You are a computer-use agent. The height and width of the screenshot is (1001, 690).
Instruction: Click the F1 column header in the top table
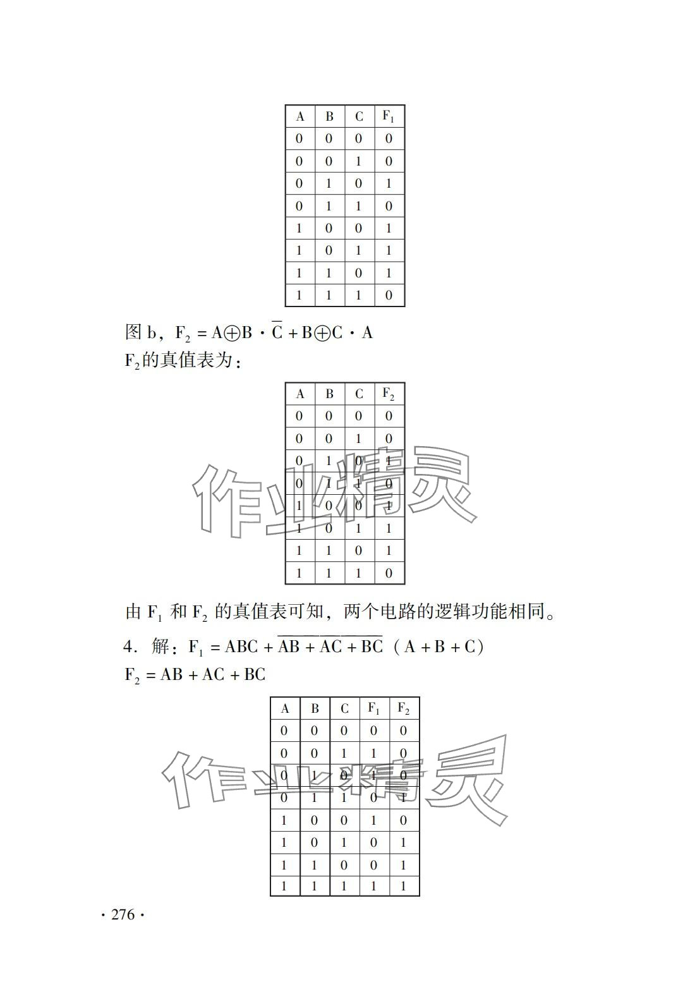click(x=389, y=116)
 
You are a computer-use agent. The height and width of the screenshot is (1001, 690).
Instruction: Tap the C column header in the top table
click(x=359, y=117)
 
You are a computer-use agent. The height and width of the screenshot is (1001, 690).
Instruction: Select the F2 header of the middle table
click(x=389, y=394)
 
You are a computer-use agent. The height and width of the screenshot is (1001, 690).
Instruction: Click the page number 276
click(x=123, y=914)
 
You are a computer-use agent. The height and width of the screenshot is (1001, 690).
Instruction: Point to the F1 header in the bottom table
click(x=374, y=708)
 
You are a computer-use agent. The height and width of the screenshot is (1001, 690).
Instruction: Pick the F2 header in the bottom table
click(x=403, y=708)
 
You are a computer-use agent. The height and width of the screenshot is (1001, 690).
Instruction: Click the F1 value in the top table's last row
click(x=389, y=295)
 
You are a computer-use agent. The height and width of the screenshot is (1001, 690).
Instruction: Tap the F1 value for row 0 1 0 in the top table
click(x=389, y=184)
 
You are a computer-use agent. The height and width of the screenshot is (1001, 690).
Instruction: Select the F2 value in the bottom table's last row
click(x=403, y=886)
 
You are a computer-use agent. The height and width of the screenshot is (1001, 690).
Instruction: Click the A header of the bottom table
click(x=285, y=709)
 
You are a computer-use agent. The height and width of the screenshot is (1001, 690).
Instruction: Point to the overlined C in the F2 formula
click(x=277, y=332)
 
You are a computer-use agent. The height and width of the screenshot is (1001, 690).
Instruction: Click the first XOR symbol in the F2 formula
click(x=232, y=333)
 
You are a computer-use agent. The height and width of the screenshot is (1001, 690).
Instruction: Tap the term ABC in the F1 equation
click(x=242, y=647)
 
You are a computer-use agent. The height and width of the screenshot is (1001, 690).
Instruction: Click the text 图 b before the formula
click(x=140, y=332)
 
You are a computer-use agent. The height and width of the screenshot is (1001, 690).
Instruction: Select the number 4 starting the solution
click(x=128, y=647)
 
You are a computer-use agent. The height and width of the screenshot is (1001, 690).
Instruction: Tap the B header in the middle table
click(x=329, y=394)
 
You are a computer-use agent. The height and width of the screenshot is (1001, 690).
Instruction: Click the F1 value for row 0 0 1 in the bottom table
click(x=374, y=753)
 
